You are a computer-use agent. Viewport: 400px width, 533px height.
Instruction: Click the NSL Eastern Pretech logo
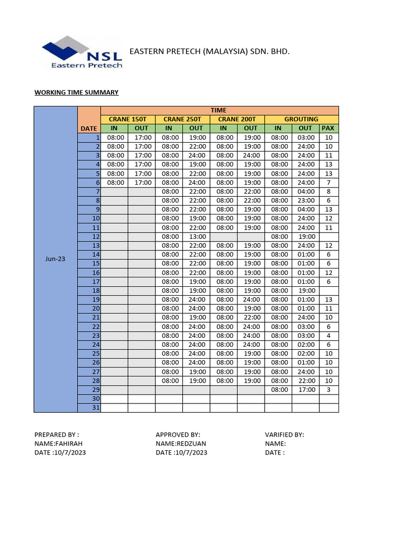[x=83, y=52]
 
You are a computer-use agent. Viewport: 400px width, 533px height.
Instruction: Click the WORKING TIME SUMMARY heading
[x=77, y=92]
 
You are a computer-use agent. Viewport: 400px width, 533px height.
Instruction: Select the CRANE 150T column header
[x=128, y=119]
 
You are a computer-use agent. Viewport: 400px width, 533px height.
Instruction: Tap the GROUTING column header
[x=301, y=119]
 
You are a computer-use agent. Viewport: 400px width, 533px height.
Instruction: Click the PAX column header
[x=328, y=128]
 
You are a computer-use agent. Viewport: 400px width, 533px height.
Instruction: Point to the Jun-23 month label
[x=55, y=259]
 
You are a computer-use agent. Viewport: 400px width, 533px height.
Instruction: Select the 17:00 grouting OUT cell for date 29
[x=305, y=390]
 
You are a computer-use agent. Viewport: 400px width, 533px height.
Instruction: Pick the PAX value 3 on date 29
[x=328, y=390]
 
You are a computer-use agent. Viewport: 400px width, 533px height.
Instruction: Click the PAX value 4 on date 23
[x=328, y=336]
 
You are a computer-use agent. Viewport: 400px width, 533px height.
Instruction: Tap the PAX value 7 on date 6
[x=328, y=182]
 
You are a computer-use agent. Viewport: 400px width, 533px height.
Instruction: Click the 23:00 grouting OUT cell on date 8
[x=305, y=200]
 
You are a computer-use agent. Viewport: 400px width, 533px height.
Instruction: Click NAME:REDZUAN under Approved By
[x=181, y=443]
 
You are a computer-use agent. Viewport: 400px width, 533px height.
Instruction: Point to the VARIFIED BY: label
[x=284, y=435]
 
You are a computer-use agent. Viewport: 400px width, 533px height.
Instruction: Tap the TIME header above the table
[x=219, y=110]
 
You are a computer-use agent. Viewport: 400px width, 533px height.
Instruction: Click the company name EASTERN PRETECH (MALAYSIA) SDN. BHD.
[x=209, y=52]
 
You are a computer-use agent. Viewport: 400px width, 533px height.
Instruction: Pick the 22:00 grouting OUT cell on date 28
[x=305, y=380]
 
